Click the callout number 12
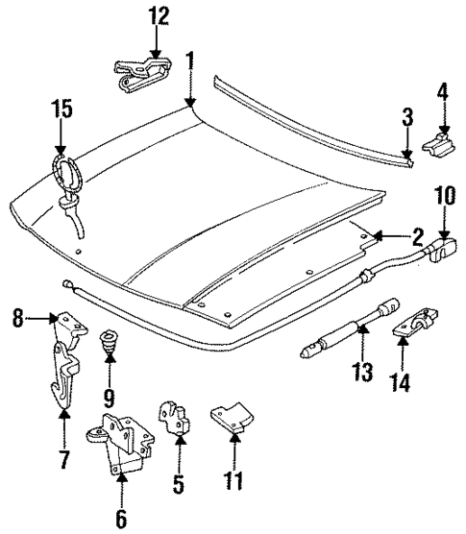(x=157, y=16)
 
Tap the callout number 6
(x=120, y=520)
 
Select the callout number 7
(x=63, y=460)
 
